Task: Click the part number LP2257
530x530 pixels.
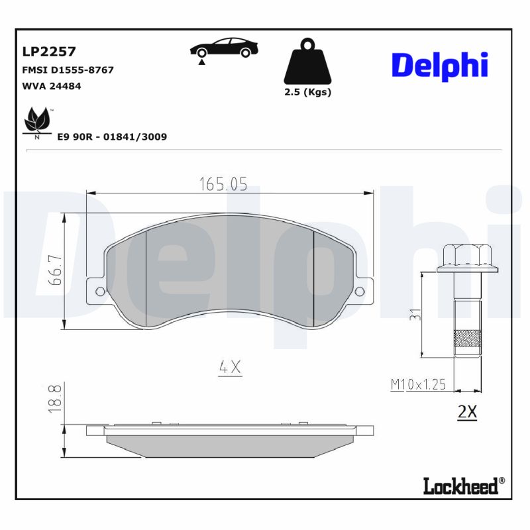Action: (50, 52)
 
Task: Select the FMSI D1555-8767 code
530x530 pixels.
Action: (68, 70)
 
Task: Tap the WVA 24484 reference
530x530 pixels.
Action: (52, 86)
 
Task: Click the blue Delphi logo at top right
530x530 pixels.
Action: (439, 65)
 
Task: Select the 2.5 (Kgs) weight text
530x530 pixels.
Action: (307, 93)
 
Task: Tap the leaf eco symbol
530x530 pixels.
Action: (36, 121)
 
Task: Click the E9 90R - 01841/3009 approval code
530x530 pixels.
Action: (112, 136)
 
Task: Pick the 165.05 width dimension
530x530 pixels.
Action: (223, 185)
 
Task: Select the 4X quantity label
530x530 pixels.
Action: (230, 367)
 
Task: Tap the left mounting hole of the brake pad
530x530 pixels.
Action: (100, 291)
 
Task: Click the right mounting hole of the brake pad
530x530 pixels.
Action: (360, 291)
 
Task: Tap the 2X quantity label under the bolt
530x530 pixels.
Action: (467, 411)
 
